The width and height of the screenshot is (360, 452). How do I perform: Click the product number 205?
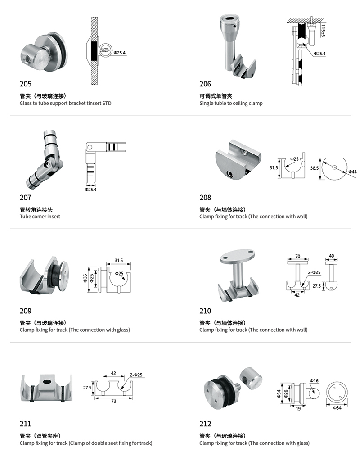[x=25, y=84]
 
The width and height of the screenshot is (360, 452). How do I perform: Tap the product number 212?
[x=205, y=424]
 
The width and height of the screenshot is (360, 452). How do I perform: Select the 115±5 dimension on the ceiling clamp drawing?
[x=323, y=31]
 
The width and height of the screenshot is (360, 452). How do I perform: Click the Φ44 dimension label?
[x=352, y=172]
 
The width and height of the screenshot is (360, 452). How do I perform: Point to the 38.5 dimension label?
[x=315, y=168]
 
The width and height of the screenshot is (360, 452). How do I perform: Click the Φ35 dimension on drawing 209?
[x=85, y=278]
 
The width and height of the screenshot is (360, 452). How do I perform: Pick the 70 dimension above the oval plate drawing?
[x=298, y=256]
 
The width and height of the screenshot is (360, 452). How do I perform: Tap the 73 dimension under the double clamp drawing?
[x=113, y=401]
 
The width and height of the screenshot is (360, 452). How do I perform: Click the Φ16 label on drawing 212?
[x=314, y=381]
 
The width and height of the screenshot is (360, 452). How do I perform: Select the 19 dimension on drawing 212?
[x=298, y=408]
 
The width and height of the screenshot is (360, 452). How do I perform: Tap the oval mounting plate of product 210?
[x=238, y=256]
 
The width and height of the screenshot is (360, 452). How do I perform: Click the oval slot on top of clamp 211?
[x=46, y=381]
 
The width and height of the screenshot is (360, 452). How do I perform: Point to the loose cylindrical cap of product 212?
[x=251, y=378]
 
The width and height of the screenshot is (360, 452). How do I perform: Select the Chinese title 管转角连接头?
[x=36, y=210]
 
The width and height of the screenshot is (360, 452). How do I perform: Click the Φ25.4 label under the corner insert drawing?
[x=90, y=190]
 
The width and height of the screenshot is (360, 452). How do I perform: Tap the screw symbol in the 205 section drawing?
[x=105, y=50]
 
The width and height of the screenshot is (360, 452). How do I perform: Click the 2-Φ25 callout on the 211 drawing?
[x=136, y=375]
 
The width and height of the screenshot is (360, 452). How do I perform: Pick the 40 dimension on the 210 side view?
[x=332, y=256]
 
